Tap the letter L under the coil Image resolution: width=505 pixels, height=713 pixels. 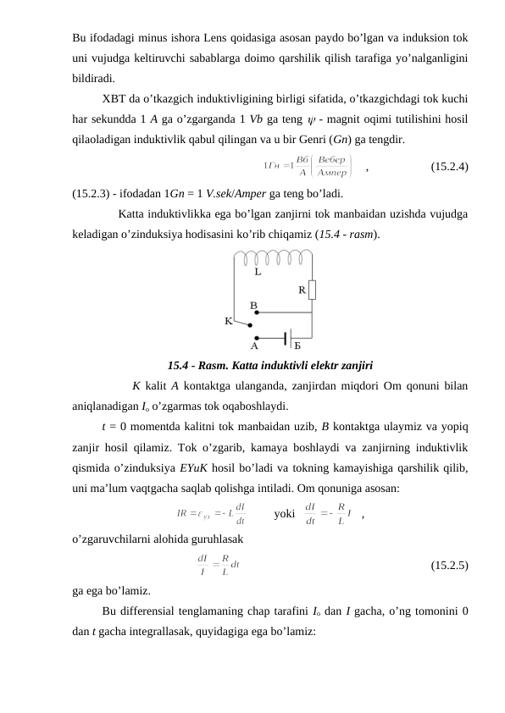258,273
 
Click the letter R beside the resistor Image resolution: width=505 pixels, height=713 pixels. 301,290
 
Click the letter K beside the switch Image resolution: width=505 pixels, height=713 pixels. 228,322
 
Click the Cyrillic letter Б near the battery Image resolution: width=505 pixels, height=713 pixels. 297,346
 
